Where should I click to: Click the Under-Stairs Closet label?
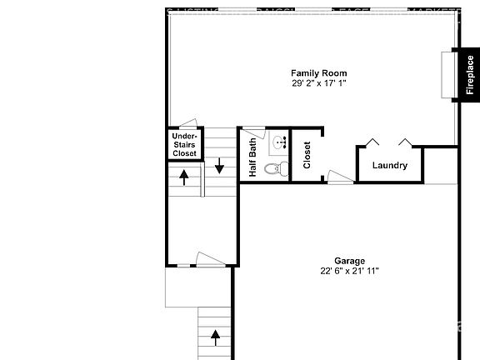(x=184, y=144)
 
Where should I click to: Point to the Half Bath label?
(x=253, y=157)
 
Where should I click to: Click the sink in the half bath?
(x=278, y=141)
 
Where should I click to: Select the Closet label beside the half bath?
(x=307, y=155)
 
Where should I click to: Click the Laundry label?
(x=390, y=165)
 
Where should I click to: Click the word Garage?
(x=350, y=260)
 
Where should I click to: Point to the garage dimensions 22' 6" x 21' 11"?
(x=350, y=271)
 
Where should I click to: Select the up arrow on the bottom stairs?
(x=215, y=337)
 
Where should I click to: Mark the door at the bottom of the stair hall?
(x=208, y=259)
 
